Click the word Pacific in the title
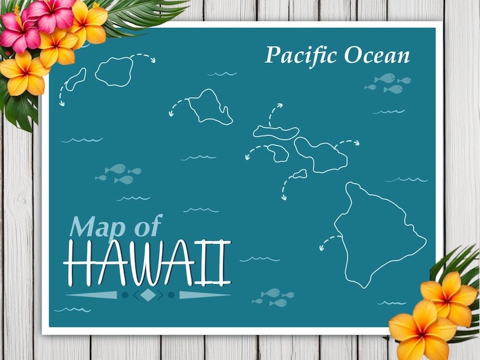pyautogui.click(x=302, y=55)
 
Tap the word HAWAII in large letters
pyautogui.click(x=148, y=263)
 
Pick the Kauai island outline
pyautogui.click(x=114, y=71)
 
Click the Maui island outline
pyautogui.click(x=322, y=155)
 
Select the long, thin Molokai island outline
pyautogui.click(x=276, y=131)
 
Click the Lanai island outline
pyautogui.click(x=277, y=153)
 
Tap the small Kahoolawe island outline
pyautogui.click(x=299, y=175)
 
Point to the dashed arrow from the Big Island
pyautogui.click(x=329, y=242)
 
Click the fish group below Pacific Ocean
pyautogui.click(x=388, y=83)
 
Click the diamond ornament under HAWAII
pyautogui.click(x=148, y=295)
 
